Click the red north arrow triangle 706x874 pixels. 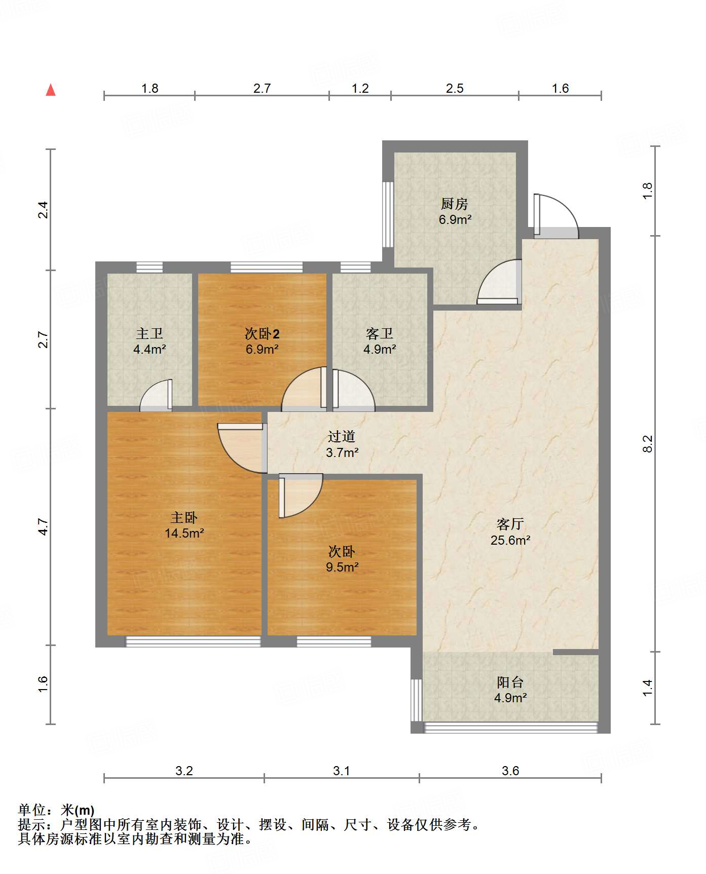tap(51, 90)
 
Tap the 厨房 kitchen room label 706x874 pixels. tap(455, 204)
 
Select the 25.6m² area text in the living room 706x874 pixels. tap(510, 540)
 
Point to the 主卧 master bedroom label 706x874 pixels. tap(184, 517)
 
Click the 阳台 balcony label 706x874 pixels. tap(510, 682)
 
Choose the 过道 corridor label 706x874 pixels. tap(342, 436)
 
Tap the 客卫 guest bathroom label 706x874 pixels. tap(380, 333)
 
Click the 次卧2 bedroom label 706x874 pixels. tap(262, 333)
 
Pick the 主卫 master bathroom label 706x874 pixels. tap(150, 333)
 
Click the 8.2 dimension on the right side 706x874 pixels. tap(647, 444)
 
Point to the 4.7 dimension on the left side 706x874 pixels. tap(44, 527)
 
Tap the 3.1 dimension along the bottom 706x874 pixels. tap(342, 771)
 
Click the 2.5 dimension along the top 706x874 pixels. tap(455, 88)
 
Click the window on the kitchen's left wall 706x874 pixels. tap(388, 214)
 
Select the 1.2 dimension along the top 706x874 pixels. tap(360, 88)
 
